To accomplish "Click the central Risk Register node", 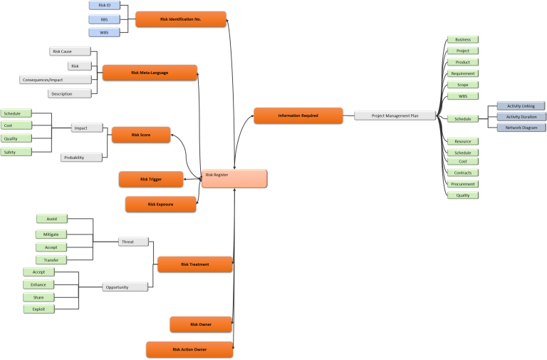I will pos(234,179).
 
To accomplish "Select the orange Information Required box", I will pos(298,115).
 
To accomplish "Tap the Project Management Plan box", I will pos(395,115).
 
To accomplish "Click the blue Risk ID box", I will pos(104,5).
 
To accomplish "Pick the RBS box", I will pos(104,19).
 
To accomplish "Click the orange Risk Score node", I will pos(141,134).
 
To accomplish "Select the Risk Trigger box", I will pos(150,179).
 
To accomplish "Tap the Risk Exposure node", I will pos(160,205).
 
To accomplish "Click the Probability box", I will pos(80,157).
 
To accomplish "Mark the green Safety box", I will pos(16,152).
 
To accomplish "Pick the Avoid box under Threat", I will pos(51,219).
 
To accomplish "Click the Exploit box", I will pos(38,309).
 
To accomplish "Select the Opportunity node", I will pos(125,287).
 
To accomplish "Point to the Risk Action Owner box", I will pos(189,349).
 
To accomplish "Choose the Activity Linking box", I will pos(520,106).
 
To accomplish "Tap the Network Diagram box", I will pos(520,128).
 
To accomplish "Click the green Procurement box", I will pos(462,184).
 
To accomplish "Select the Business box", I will pos(462,39).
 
